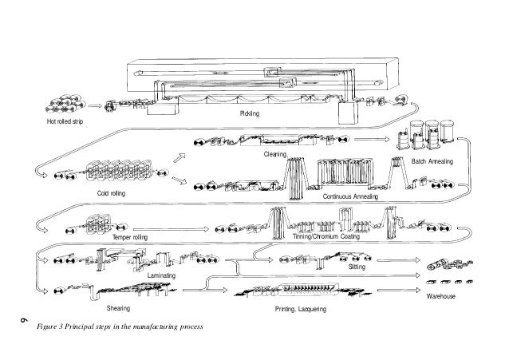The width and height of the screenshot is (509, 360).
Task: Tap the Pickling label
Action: pos(250,117)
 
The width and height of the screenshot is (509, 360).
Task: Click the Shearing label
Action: pos(118,307)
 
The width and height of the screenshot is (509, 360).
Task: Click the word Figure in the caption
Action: pos(47,328)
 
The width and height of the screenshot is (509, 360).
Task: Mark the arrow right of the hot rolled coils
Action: pos(95,105)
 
